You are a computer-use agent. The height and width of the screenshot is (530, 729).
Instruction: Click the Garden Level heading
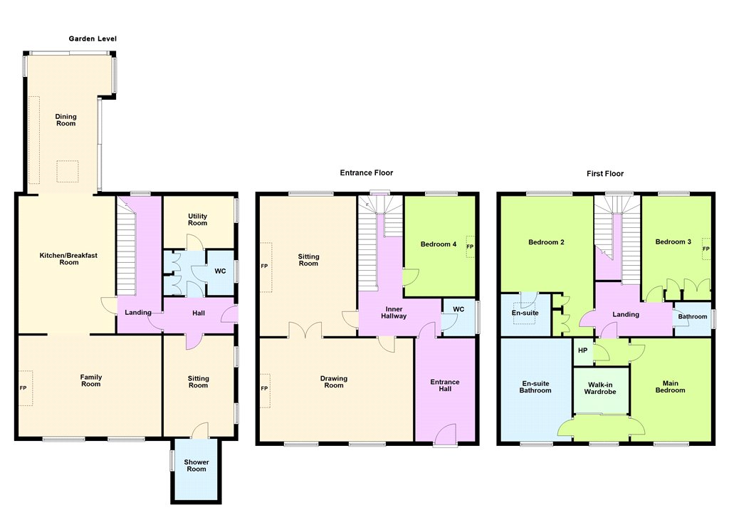[93, 38]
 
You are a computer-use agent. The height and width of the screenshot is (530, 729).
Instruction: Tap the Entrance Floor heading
[367, 172]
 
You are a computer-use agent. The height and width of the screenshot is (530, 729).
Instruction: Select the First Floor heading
[605, 174]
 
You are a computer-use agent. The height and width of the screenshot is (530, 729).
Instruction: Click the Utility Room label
[198, 219]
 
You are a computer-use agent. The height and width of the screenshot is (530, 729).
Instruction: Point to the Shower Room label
[196, 465]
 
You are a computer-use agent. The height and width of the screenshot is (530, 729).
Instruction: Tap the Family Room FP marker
[23, 388]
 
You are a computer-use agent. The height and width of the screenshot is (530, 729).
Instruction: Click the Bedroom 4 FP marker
[470, 246]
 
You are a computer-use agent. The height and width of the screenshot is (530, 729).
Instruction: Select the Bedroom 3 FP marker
[706, 249]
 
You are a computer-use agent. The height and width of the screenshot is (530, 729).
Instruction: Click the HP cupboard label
[583, 350]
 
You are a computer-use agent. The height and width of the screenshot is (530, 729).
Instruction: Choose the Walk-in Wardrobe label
[600, 388]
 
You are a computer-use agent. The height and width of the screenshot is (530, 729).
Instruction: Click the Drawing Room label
[334, 382]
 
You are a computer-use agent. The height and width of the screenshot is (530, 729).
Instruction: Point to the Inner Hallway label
[394, 312]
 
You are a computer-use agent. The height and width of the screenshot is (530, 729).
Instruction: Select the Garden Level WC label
[221, 271]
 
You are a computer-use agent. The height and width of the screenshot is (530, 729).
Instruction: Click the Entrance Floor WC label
[458, 309]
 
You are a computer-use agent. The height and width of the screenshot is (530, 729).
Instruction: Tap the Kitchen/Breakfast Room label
[69, 259]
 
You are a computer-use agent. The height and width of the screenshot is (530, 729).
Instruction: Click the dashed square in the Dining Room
[68, 171]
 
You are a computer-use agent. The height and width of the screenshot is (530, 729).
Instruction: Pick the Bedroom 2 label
[546, 242]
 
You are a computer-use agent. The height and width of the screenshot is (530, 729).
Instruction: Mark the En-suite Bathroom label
[535, 387]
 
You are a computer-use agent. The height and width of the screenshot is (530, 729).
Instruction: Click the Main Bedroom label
[671, 387]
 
